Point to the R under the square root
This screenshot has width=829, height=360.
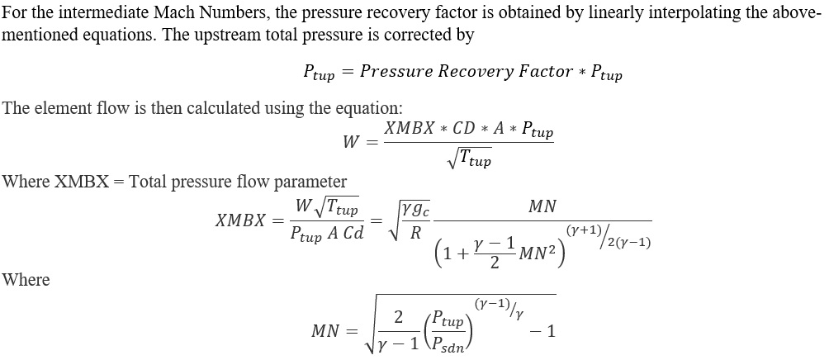coord(415,234)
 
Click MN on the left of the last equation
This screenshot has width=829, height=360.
coord(324,331)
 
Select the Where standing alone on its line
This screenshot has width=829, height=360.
coord(26,280)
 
